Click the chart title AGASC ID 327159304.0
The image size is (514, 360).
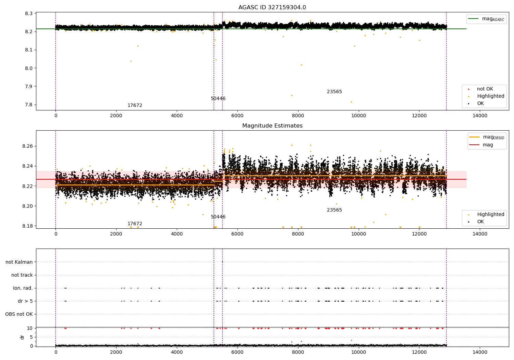click(272, 7)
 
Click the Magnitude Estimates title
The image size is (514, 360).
click(272, 125)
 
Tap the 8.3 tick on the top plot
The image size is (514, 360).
click(29, 13)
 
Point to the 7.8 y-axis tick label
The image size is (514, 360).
click(29, 105)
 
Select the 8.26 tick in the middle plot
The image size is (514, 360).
click(27, 146)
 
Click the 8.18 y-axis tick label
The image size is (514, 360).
click(27, 226)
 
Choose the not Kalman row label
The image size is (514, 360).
click(19, 262)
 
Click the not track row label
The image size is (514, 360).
click(22, 275)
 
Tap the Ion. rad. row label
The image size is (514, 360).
click(23, 288)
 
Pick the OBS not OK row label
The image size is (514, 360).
click(19, 314)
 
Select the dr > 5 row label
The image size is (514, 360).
click(25, 301)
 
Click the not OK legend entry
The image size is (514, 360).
click(485, 89)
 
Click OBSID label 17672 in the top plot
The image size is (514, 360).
click(135, 105)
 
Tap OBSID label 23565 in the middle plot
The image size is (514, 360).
click(334, 210)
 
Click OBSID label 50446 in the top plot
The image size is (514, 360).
click(218, 98)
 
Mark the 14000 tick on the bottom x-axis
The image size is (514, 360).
click(480, 352)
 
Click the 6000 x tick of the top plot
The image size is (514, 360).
click(237, 116)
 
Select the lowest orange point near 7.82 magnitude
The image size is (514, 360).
click(351, 102)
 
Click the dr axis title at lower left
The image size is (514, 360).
click(22, 337)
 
